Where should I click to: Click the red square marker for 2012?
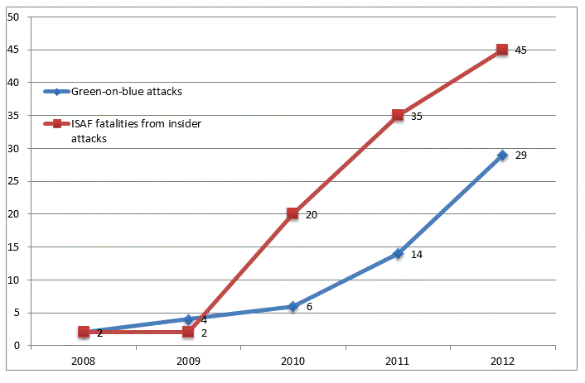[502, 50]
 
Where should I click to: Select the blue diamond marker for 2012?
[502, 155]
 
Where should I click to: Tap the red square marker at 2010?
[292, 213]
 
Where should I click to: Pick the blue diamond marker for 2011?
[398, 253]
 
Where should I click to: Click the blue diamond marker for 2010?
[292, 306]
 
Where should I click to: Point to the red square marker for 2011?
[398, 115]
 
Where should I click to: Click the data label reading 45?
[521, 50]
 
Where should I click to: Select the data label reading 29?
[521, 156]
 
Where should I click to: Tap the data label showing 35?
[417, 117]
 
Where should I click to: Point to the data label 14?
[417, 255]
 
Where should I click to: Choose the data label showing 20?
[312, 215]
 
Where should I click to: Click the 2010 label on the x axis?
[292, 361]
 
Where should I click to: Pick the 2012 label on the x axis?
[502, 361]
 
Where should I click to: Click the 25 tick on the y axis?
[13, 181]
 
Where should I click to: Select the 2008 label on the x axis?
[83, 361]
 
